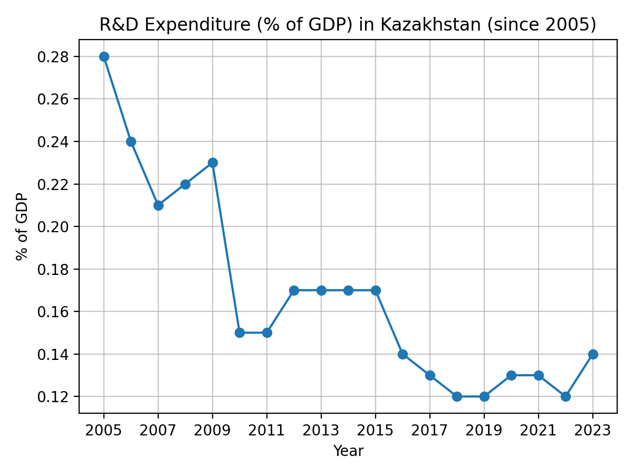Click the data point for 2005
[x=104, y=56]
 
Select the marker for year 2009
[x=213, y=163]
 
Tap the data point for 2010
[x=239, y=332]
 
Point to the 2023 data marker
[x=592, y=354]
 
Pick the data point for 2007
[x=158, y=205]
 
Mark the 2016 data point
[x=402, y=354]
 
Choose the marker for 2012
[x=294, y=290]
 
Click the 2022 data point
[x=565, y=396]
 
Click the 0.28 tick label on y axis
[x=54, y=56]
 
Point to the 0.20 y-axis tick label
[x=54, y=226]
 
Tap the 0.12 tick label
[x=54, y=396]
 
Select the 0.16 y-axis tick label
[x=54, y=311]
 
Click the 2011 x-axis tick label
[x=267, y=430]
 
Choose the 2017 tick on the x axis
[x=430, y=430]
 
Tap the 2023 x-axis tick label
[x=592, y=430]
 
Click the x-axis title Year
[x=348, y=451]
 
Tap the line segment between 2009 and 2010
[x=226, y=248]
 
